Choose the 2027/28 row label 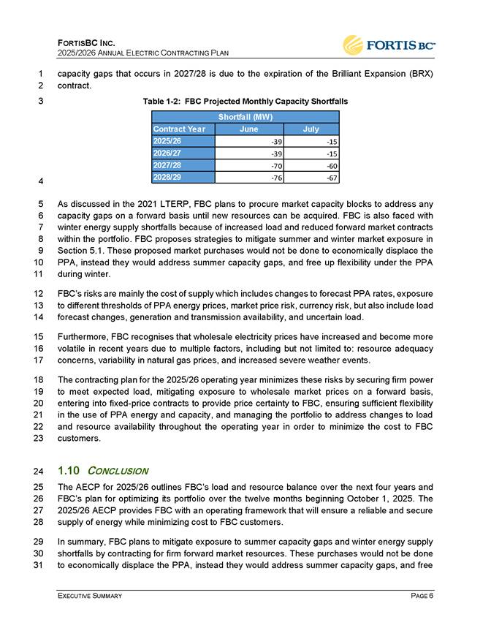[169, 165]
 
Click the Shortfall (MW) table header [245, 117]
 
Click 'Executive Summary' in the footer [90, 597]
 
